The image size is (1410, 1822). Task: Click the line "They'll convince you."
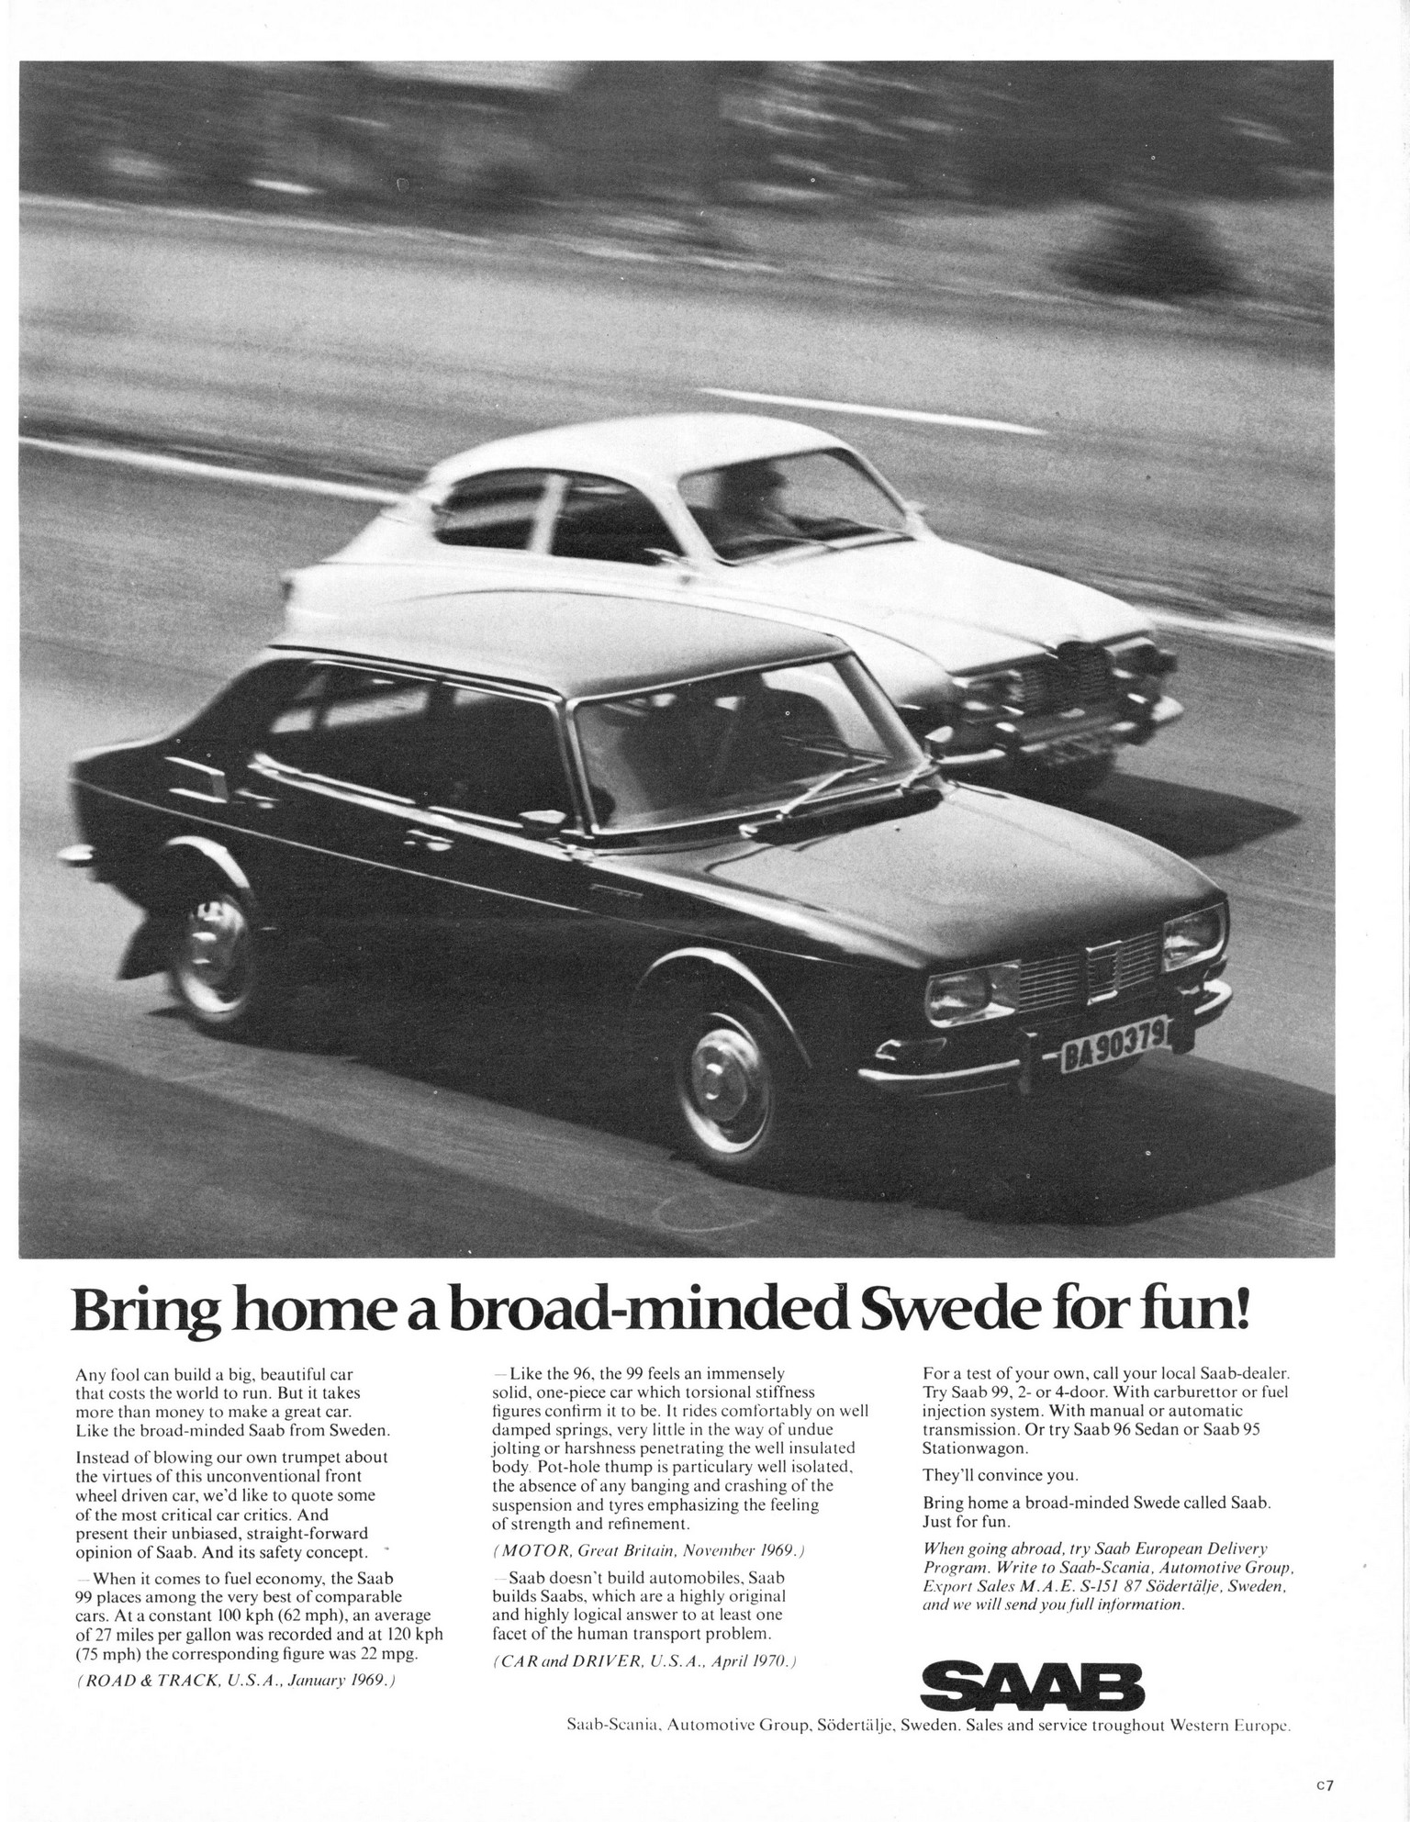coord(1000,1476)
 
